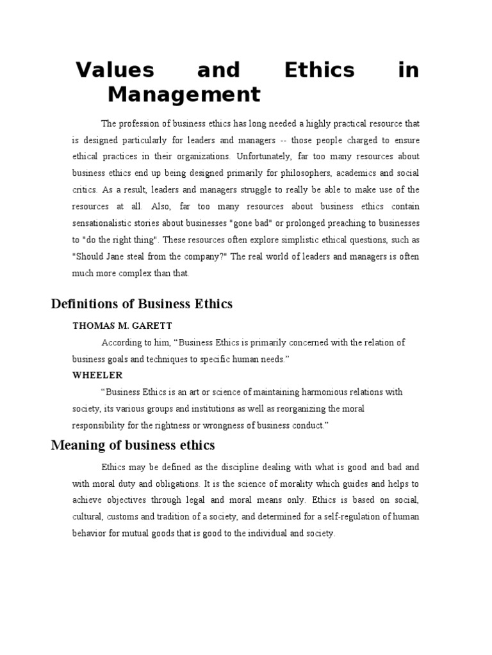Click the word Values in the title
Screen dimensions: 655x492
coord(116,70)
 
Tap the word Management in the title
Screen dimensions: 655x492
coord(184,95)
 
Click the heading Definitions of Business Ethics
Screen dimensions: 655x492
coord(142,304)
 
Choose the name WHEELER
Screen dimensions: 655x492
coord(97,375)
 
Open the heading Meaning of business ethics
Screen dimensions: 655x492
coord(133,445)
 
